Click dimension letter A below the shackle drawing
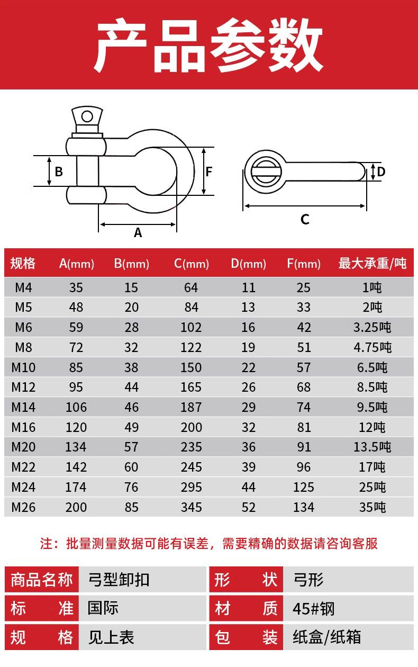138,232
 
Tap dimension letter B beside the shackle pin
59,172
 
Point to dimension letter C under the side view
305,220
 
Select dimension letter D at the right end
381,172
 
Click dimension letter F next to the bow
208,172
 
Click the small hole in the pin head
87,116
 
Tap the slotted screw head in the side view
265,172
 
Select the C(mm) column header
192,264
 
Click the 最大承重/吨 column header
372,264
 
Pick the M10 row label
23,367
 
